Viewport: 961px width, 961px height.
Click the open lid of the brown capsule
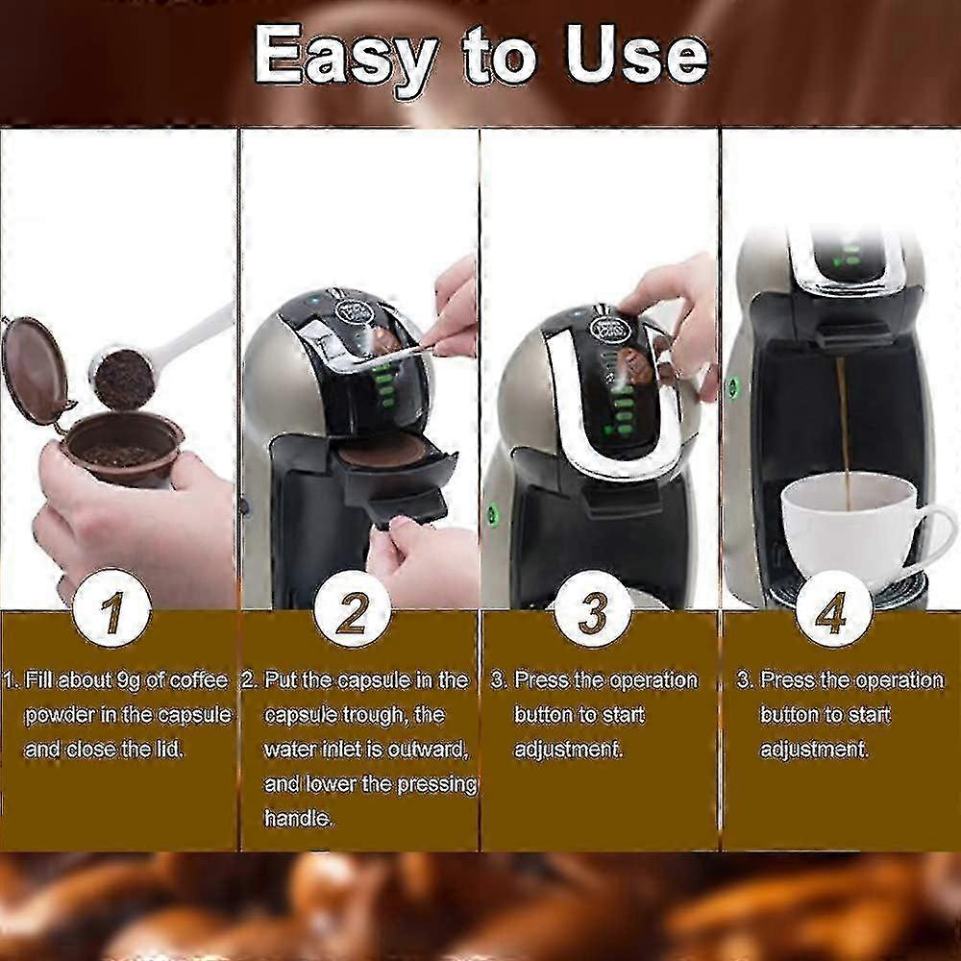point(35,370)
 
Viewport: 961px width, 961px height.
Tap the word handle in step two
point(299,819)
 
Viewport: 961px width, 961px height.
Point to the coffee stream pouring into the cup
point(844,423)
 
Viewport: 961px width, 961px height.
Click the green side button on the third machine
point(491,512)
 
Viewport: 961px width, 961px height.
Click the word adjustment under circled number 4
point(813,749)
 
